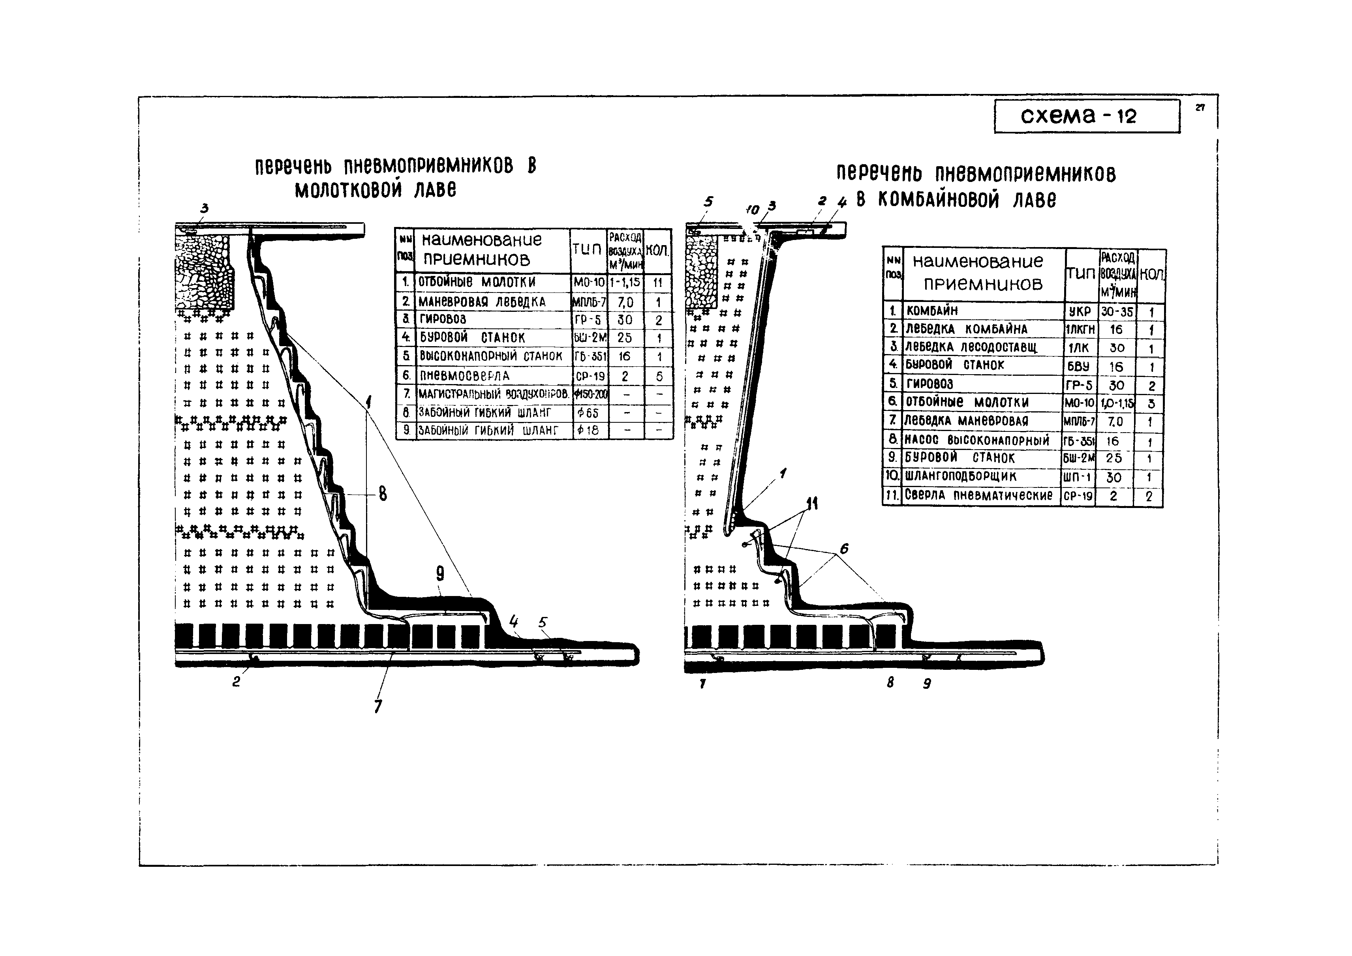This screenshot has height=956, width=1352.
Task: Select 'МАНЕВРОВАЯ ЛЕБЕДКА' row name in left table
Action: (x=482, y=302)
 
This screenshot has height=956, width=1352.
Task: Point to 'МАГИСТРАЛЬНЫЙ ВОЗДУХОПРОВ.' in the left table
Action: (x=493, y=394)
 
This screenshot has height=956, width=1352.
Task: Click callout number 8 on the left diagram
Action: (x=383, y=494)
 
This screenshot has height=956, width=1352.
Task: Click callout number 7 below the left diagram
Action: (x=377, y=706)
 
